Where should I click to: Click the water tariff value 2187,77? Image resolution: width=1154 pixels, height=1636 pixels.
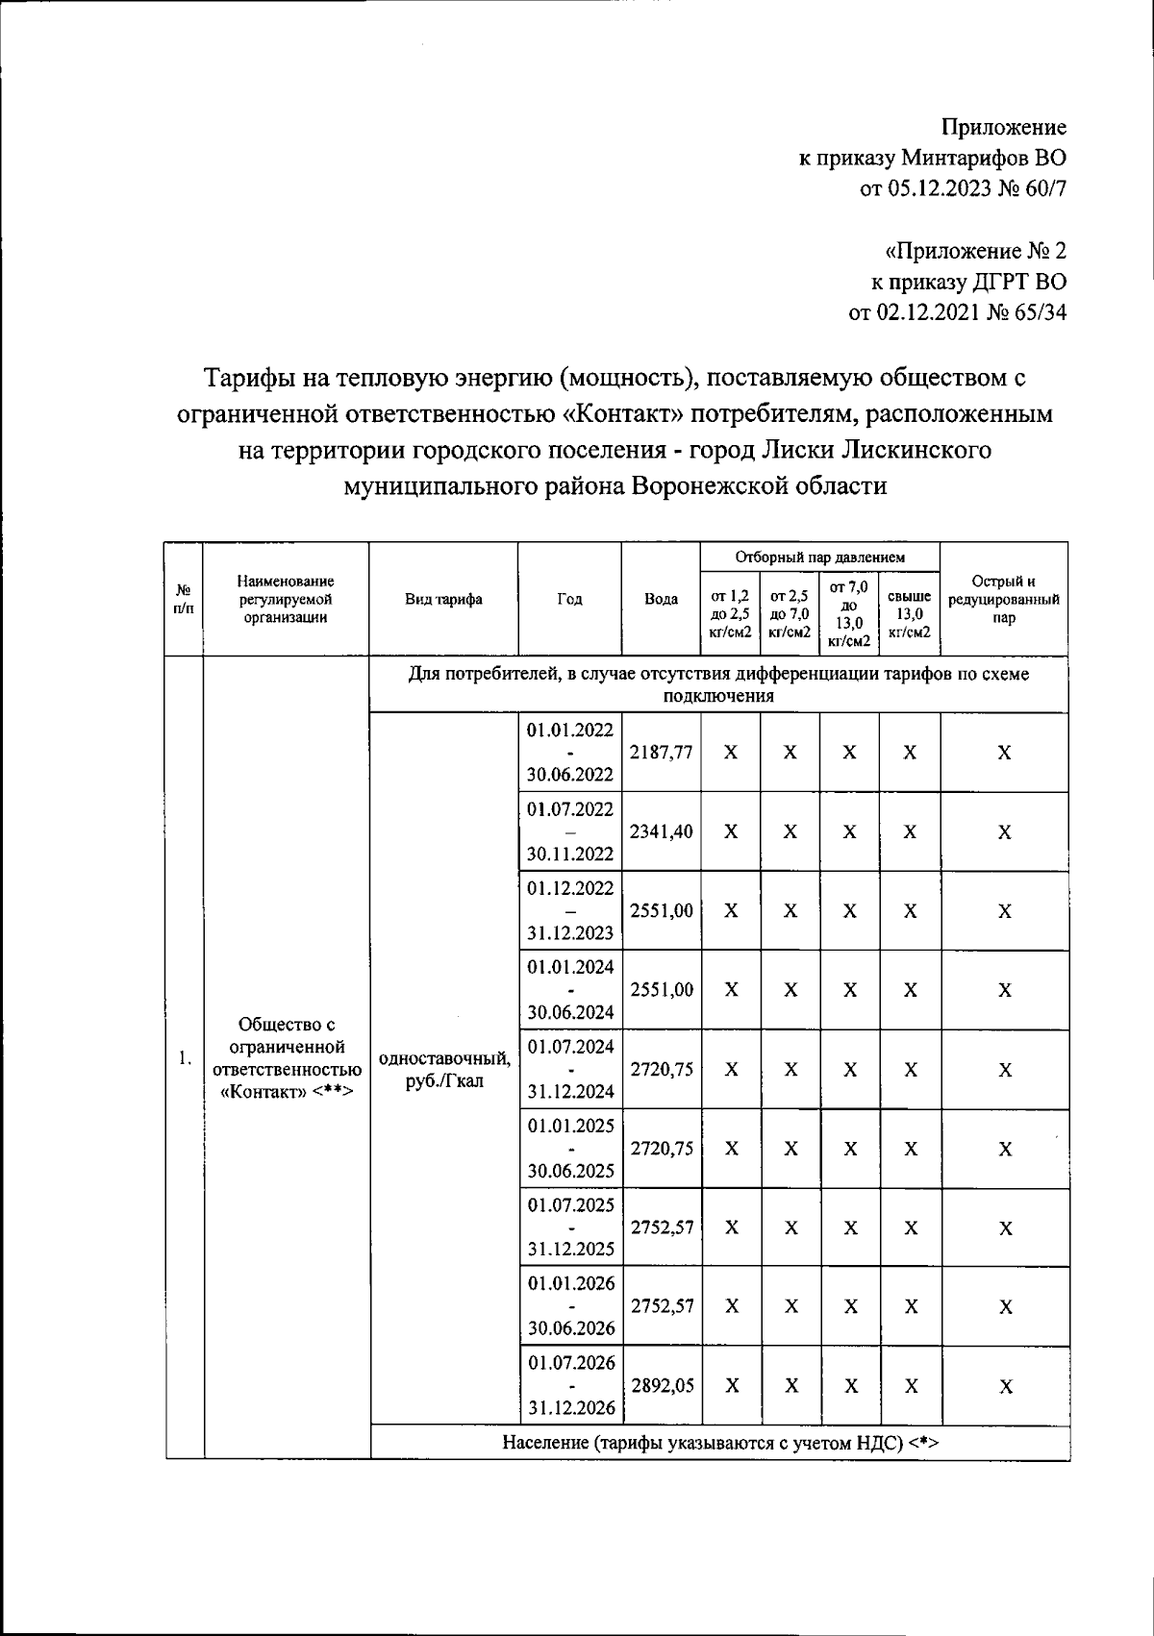(x=661, y=753)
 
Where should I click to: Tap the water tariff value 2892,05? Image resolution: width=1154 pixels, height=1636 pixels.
(x=661, y=1386)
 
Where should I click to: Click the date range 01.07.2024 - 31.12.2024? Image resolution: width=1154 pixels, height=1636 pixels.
(x=570, y=1069)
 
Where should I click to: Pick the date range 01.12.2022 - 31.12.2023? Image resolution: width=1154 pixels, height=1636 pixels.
(x=570, y=910)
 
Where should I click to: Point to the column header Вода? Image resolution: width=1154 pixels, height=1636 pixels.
(x=661, y=599)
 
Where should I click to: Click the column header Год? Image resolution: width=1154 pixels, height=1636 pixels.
(x=569, y=599)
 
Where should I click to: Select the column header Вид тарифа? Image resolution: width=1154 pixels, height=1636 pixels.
(x=443, y=599)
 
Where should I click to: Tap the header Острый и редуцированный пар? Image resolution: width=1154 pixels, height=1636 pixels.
(x=1003, y=599)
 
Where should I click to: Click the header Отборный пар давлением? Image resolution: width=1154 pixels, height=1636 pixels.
(x=819, y=557)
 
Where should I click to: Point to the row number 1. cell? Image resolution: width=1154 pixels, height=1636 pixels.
(x=185, y=1058)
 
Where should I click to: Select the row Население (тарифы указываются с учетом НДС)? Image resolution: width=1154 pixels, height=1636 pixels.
(x=719, y=1442)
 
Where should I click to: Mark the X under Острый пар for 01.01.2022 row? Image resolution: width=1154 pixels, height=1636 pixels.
(x=1003, y=753)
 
